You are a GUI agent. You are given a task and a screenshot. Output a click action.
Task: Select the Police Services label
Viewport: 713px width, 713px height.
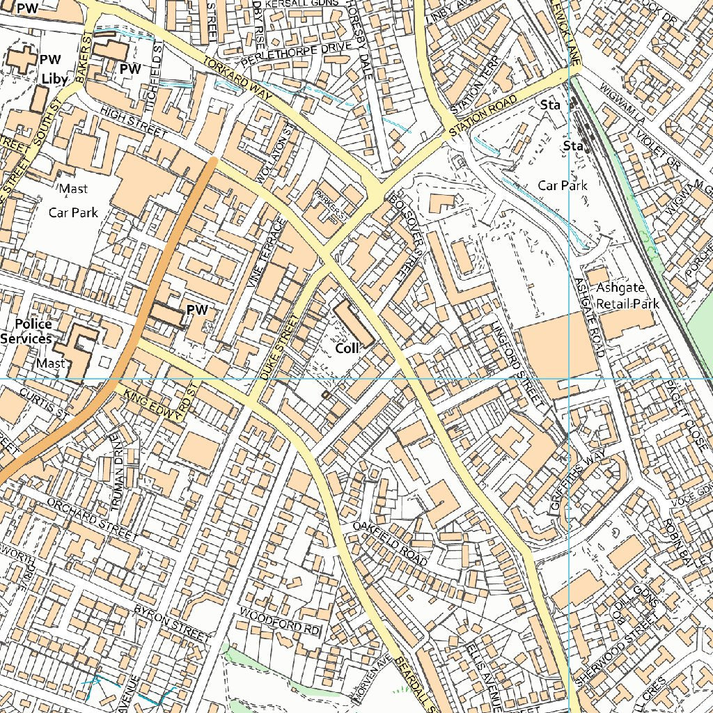[26, 331]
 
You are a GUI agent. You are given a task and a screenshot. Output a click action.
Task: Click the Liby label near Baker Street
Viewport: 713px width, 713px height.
[54, 79]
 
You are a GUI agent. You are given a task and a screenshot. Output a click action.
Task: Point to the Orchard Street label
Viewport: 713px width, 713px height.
[92, 519]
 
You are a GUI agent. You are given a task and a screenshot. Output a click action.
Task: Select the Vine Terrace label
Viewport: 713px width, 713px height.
[271, 253]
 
